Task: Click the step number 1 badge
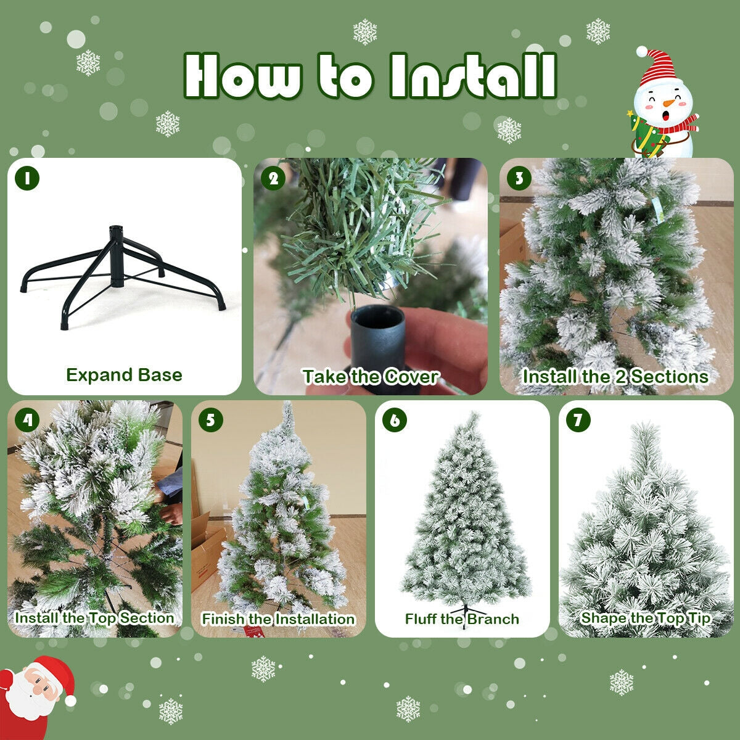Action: (x=27, y=178)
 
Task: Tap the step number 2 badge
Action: (x=273, y=178)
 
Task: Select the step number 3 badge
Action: (x=519, y=178)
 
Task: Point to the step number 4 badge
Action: (x=27, y=420)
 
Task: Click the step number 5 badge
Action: (x=211, y=420)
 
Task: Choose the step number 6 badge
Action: (x=395, y=420)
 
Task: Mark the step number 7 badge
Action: (x=578, y=420)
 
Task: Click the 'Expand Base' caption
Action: (x=124, y=375)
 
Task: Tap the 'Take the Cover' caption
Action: (x=370, y=377)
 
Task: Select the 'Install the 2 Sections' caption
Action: (x=615, y=377)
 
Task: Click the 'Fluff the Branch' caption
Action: (x=462, y=619)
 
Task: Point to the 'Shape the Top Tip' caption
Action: (x=646, y=618)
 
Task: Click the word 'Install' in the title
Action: (x=473, y=76)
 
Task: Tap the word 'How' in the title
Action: (x=243, y=76)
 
